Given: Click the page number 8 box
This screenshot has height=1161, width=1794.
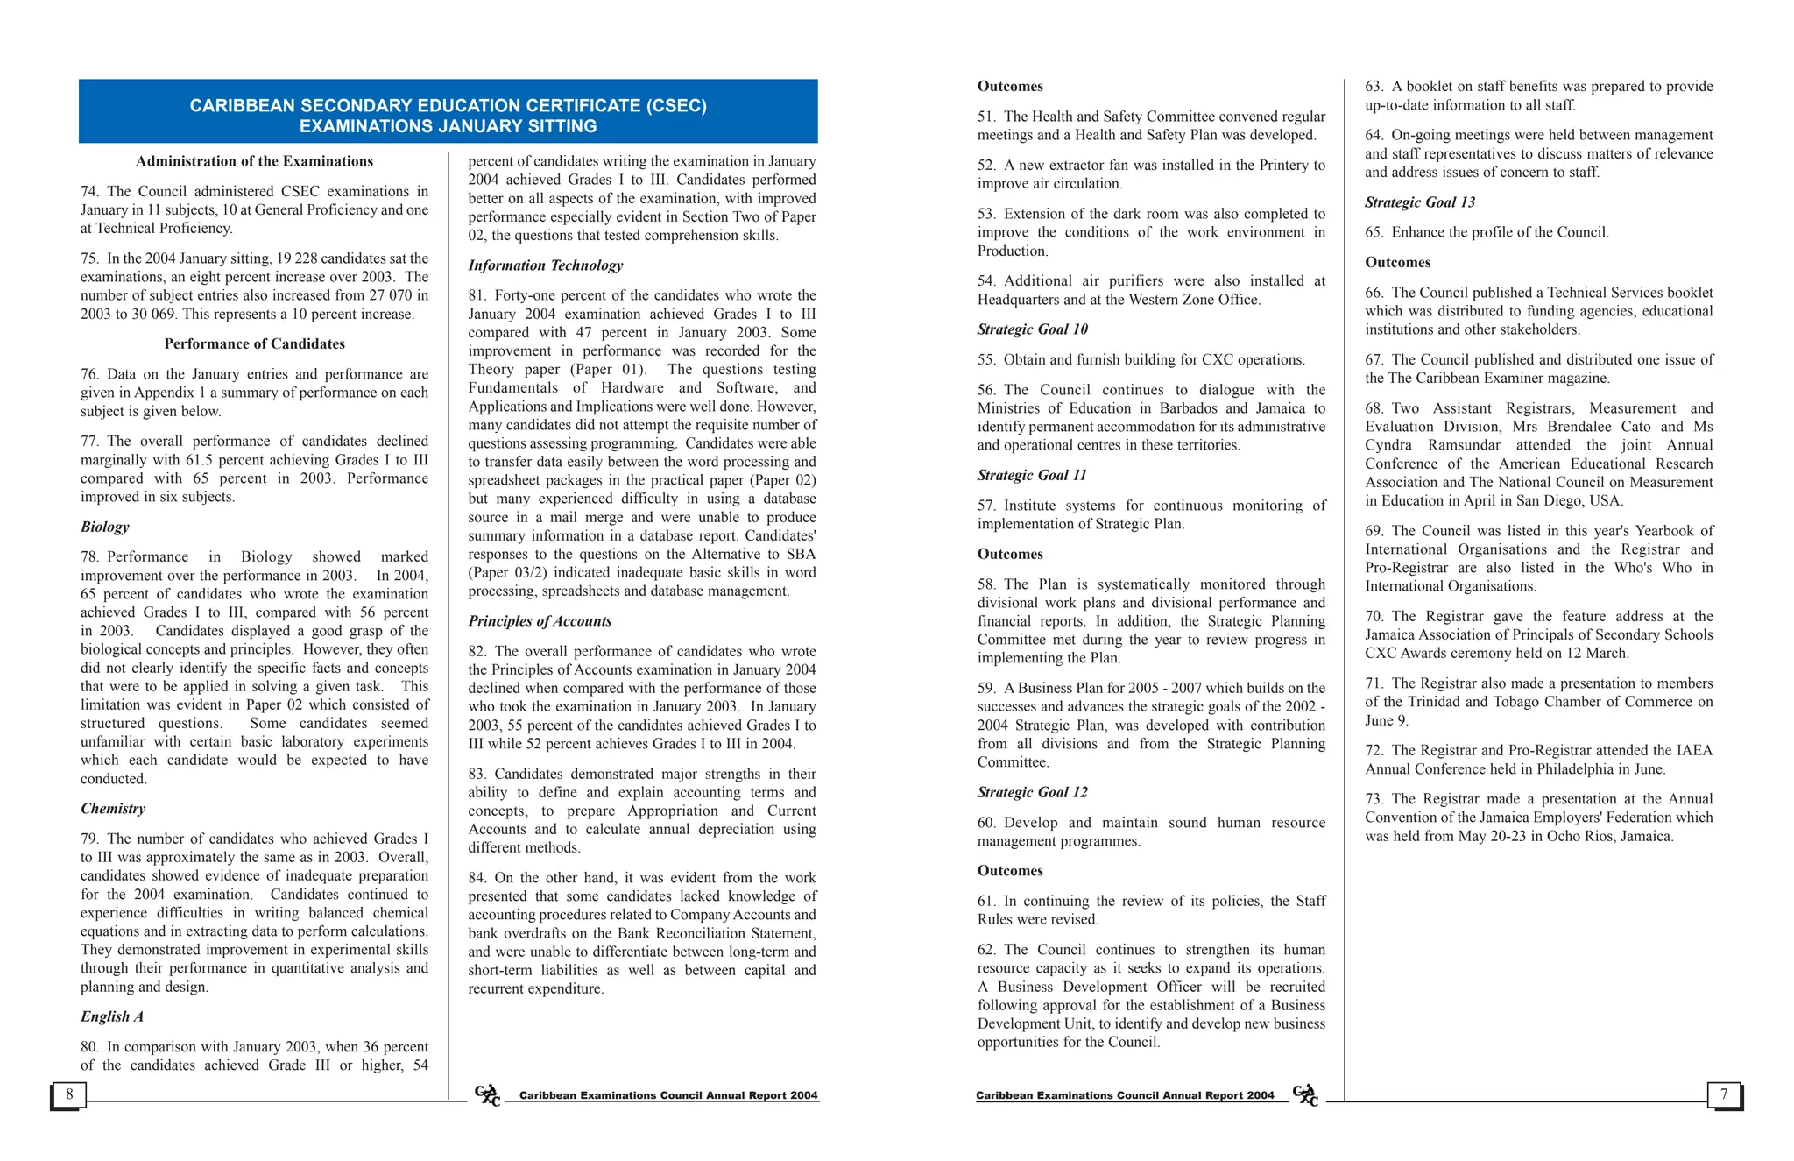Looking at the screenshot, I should (69, 1094).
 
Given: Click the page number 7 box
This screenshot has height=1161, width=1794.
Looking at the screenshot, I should (1724, 1094).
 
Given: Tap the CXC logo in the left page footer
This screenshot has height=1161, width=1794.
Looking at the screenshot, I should (487, 1095).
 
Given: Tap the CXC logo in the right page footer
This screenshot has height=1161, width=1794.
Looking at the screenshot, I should (1305, 1095).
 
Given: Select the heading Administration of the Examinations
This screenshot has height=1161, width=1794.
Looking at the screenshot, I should (254, 161).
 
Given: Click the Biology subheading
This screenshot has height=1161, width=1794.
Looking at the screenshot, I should (105, 527).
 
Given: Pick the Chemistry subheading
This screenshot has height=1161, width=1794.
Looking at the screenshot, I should (113, 809).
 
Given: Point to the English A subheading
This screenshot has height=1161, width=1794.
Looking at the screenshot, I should (112, 1016).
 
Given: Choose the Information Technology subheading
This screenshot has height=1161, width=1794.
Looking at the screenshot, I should (545, 265).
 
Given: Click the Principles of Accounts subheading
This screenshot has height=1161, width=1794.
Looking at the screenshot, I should (540, 621).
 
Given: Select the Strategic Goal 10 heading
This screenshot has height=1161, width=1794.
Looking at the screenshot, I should (1032, 329).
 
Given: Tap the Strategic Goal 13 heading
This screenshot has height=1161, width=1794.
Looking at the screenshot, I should (1419, 202).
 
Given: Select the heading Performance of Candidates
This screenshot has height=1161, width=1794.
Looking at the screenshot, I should (254, 344).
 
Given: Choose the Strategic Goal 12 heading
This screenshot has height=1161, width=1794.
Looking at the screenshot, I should (1032, 792).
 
